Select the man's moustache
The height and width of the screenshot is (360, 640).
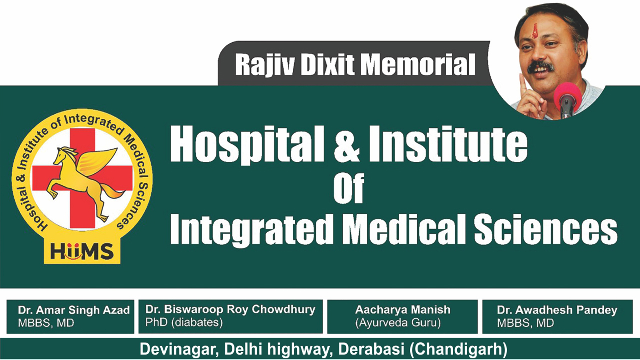point(540,66)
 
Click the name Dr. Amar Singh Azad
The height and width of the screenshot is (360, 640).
point(74,310)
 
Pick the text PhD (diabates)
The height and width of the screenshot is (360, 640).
point(184,323)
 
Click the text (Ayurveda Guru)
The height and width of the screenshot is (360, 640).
point(398,323)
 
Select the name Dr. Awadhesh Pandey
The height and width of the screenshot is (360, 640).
point(557,310)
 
